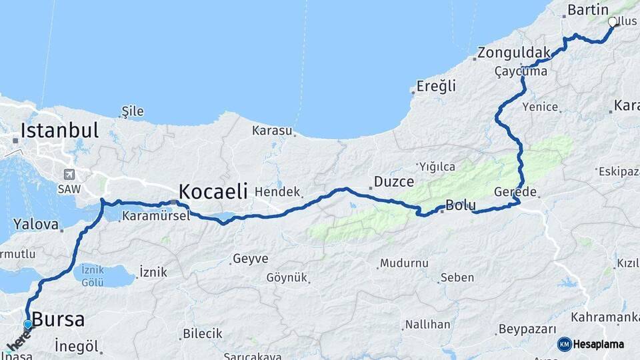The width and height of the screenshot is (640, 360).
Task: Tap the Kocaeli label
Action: pyautogui.click(x=213, y=192)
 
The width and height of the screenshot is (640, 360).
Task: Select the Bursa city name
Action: pyautogui.click(x=58, y=319)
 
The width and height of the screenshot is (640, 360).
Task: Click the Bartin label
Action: pyautogui.click(x=587, y=10)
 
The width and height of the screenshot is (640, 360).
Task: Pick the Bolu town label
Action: pyautogui.click(x=460, y=205)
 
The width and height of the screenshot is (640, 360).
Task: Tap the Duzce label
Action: pyautogui.click(x=393, y=181)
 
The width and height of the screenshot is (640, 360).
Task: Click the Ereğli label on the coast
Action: pyautogui.click(x=436, y=86)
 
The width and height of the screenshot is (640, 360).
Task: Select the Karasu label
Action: pyautogui.click(x=272, y=131)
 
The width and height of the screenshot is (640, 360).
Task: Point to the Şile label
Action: pyautogui.click(x=133, y=111)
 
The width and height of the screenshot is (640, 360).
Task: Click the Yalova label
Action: pyautogui.click(x=36, y=224)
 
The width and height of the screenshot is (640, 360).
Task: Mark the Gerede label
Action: pyautogui.click(x=515, y=192)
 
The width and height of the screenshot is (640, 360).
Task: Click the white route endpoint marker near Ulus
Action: pyautogui.click(x=613, y=22)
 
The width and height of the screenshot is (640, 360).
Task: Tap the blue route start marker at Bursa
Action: pyautogui.click(x=28, y=325)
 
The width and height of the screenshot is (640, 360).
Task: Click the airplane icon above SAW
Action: pyautogui.click(x=69, y=174)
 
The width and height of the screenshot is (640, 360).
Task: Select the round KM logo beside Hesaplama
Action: pyautogui.click(x=565, y=344)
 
